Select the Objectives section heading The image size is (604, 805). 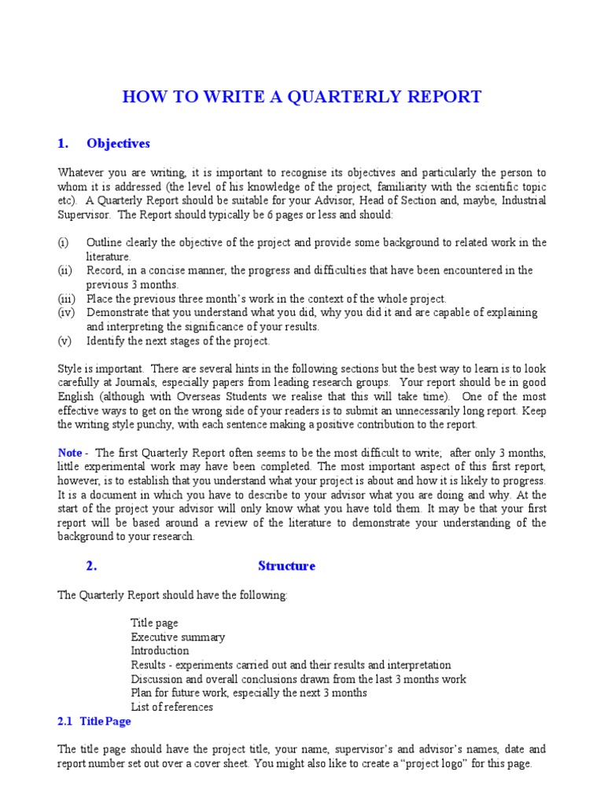point(118,143)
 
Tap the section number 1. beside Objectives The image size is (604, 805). point(64,143)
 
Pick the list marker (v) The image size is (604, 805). point(64,341)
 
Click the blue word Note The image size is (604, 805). point(70,452)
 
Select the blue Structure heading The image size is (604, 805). point(286,566)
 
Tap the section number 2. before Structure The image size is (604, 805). point(90,566)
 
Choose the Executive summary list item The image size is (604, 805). point(178,637)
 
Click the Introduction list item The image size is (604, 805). point(160,651)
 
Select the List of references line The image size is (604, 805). point(171,707)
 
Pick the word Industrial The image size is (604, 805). point(519,200)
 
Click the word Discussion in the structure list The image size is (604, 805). point(157,679)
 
